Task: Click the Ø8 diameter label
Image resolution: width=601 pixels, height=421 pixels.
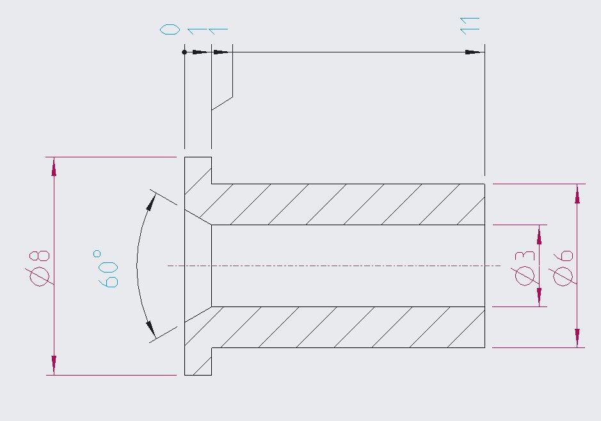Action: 39,269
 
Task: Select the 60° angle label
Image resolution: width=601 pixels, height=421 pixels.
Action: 108,269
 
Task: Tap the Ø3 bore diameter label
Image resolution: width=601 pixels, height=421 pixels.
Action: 525,269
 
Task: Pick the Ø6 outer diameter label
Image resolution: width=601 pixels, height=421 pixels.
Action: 563,269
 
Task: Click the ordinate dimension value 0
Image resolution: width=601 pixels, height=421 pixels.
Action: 170,29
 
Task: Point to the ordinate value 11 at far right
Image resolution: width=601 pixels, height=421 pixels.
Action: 470,26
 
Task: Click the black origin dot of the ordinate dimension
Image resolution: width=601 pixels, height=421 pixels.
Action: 184,52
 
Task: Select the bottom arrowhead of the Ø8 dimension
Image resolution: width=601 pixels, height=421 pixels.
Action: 54,365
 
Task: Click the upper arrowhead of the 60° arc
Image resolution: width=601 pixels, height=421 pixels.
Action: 152,202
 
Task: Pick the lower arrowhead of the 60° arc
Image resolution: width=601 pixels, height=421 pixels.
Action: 150,330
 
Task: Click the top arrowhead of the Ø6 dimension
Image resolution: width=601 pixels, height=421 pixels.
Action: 577,194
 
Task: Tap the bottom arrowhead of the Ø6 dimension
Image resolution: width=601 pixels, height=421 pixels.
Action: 577,338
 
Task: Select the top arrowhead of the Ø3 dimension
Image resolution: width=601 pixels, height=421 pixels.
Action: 540,235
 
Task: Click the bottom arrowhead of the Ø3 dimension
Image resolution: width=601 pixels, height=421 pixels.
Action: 540,297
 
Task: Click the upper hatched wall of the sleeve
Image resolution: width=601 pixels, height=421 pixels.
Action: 348,204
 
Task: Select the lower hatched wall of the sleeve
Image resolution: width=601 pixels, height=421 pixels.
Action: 348,327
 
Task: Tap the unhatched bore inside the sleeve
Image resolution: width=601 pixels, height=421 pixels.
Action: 348,266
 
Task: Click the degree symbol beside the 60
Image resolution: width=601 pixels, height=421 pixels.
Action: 97,253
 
